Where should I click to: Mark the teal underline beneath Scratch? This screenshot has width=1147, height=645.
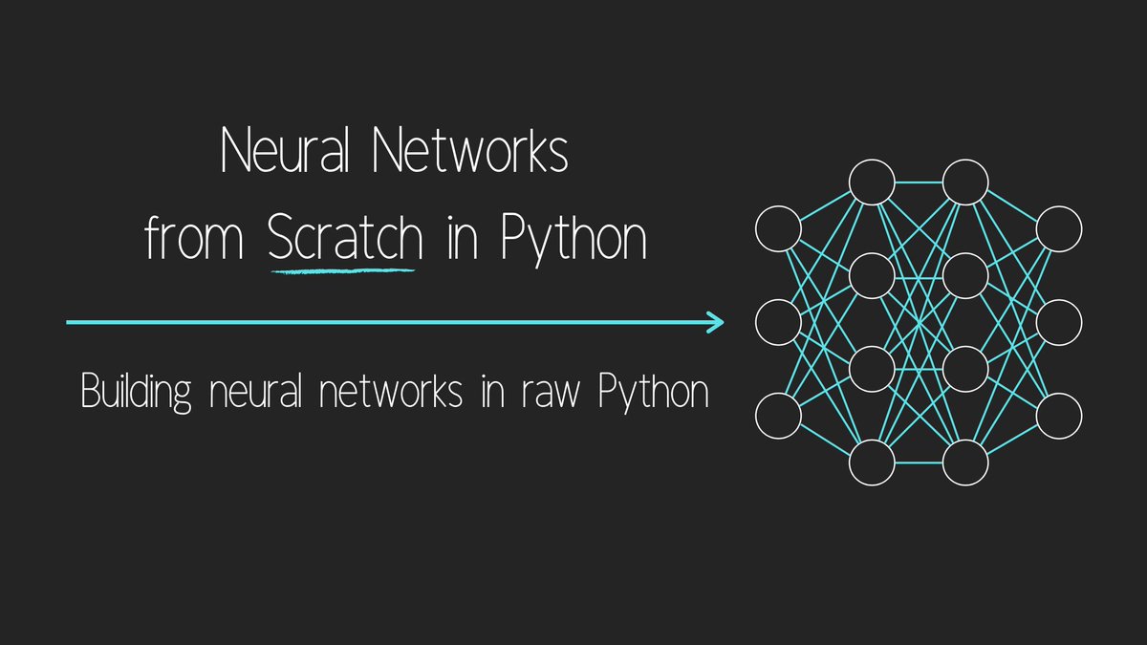(343, 271)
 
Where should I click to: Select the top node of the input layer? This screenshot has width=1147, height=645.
(777, 229)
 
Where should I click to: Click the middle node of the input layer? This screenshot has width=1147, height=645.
(777, 323)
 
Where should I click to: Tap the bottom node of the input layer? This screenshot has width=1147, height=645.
(777, 417)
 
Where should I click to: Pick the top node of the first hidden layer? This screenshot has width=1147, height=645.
(872, 182)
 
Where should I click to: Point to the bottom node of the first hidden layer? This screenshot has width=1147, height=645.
(872, 463)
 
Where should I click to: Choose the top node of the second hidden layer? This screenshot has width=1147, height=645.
(965, 182)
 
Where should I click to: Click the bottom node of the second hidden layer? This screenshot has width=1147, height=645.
(965, 463)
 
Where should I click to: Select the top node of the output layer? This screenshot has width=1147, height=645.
(1059, 229)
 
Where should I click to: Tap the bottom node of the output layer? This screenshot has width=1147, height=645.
(1059, 417)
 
